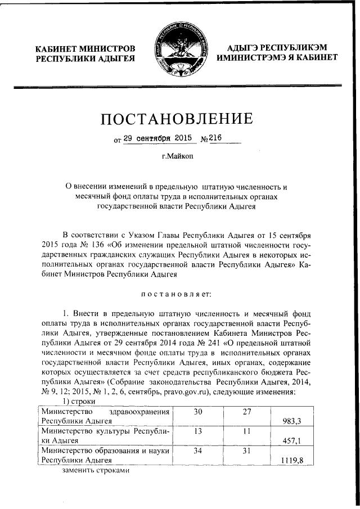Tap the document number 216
coord(217,137)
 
